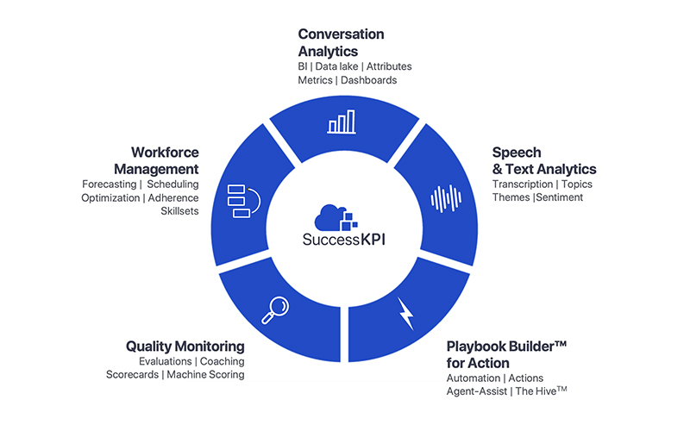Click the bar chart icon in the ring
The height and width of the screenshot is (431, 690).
[x=342, y=122]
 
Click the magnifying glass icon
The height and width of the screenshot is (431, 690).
[x=275, y=309]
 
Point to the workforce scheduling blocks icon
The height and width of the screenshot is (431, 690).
[x=238, y=201]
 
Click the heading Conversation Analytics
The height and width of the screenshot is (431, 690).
[x=342, y=42]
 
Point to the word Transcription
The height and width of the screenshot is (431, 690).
[x=521, y=184]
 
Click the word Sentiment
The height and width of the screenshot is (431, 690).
[x=559, y=197]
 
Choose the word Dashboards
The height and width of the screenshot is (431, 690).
[x=369, y=80]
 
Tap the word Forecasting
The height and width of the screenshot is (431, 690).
[x=110, y=184]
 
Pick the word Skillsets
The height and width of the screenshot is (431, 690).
[x=180, y=211]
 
